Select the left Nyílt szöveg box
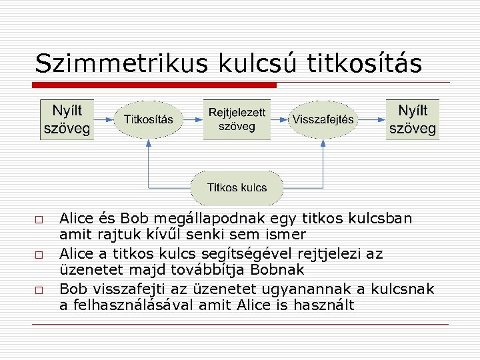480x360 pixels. tap(67, 120)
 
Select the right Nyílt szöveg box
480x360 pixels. tap(413, 120)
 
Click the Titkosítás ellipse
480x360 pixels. tap(148, 120)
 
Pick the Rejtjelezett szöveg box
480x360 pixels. tap(237, 120)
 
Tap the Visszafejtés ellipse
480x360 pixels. tap(324, 120)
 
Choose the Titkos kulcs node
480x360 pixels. tap(237, 187)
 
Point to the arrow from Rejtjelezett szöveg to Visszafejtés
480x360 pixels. tap(280, 120)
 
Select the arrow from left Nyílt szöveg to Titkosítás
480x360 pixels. tap(104, 120)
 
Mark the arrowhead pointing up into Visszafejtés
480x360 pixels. tap(325, 142)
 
